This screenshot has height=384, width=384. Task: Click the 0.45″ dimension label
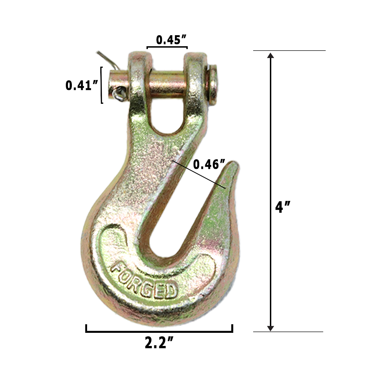coord(172,40)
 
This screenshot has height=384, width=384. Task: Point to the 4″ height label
coord(283,207)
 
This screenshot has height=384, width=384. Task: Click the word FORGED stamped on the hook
coord(144,280)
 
